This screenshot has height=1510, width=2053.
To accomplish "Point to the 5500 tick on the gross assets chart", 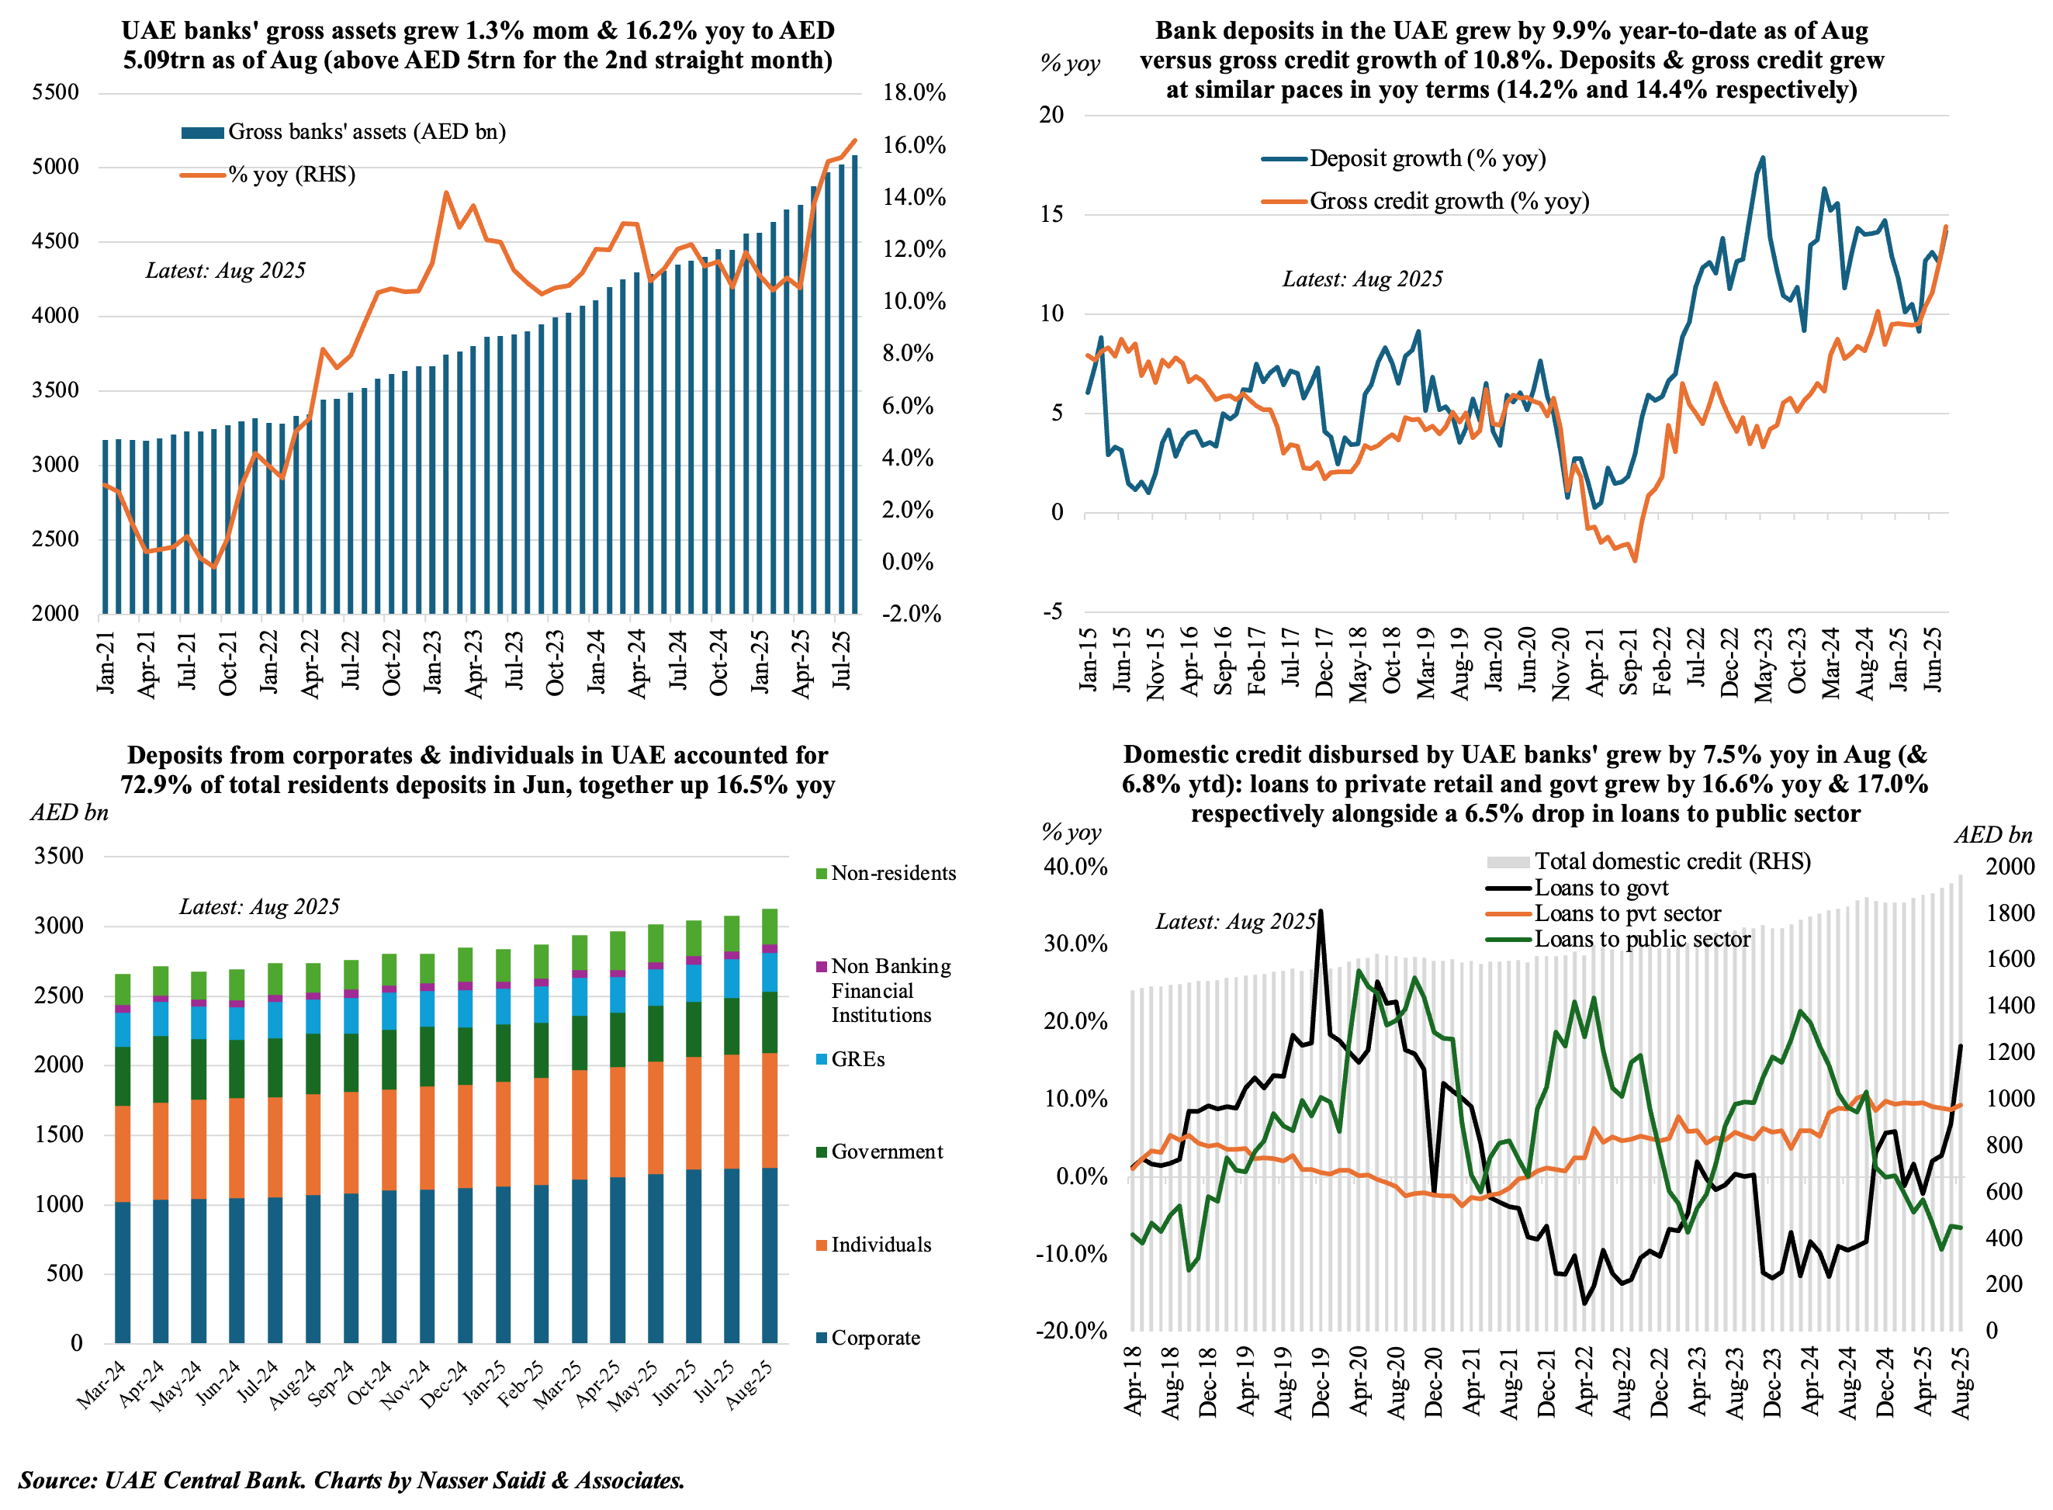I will [56, 92].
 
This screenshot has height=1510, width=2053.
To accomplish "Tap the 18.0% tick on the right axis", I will [913, 92].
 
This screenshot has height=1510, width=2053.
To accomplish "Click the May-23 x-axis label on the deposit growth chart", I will [1764, 664].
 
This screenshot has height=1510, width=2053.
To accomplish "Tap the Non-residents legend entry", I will [892, 873].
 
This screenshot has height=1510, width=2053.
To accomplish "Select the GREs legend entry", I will [857, 1059].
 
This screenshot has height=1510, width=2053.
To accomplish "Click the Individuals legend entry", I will [881, 1245].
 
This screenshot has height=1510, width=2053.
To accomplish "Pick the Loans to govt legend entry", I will [1601, 888].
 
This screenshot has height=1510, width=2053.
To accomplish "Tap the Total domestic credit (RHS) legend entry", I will [1671, 861].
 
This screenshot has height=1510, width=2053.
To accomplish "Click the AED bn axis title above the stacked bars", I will [70, 812].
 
